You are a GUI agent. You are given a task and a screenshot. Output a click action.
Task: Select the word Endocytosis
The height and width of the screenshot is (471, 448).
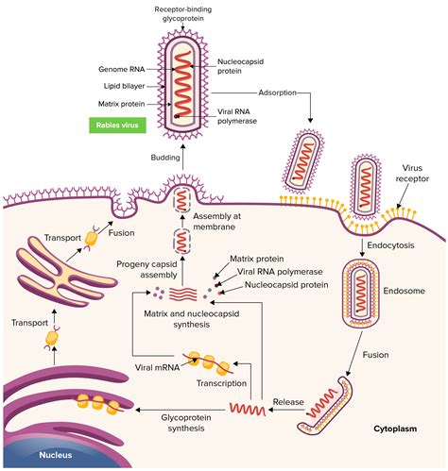pyautogui.click(x=391, y=244)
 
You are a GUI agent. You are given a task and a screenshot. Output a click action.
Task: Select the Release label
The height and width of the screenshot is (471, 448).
pyautogui.click(x=288, y=401)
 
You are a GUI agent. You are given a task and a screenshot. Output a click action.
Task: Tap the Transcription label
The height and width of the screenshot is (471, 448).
pyautogui.click(x=222, y=384)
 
